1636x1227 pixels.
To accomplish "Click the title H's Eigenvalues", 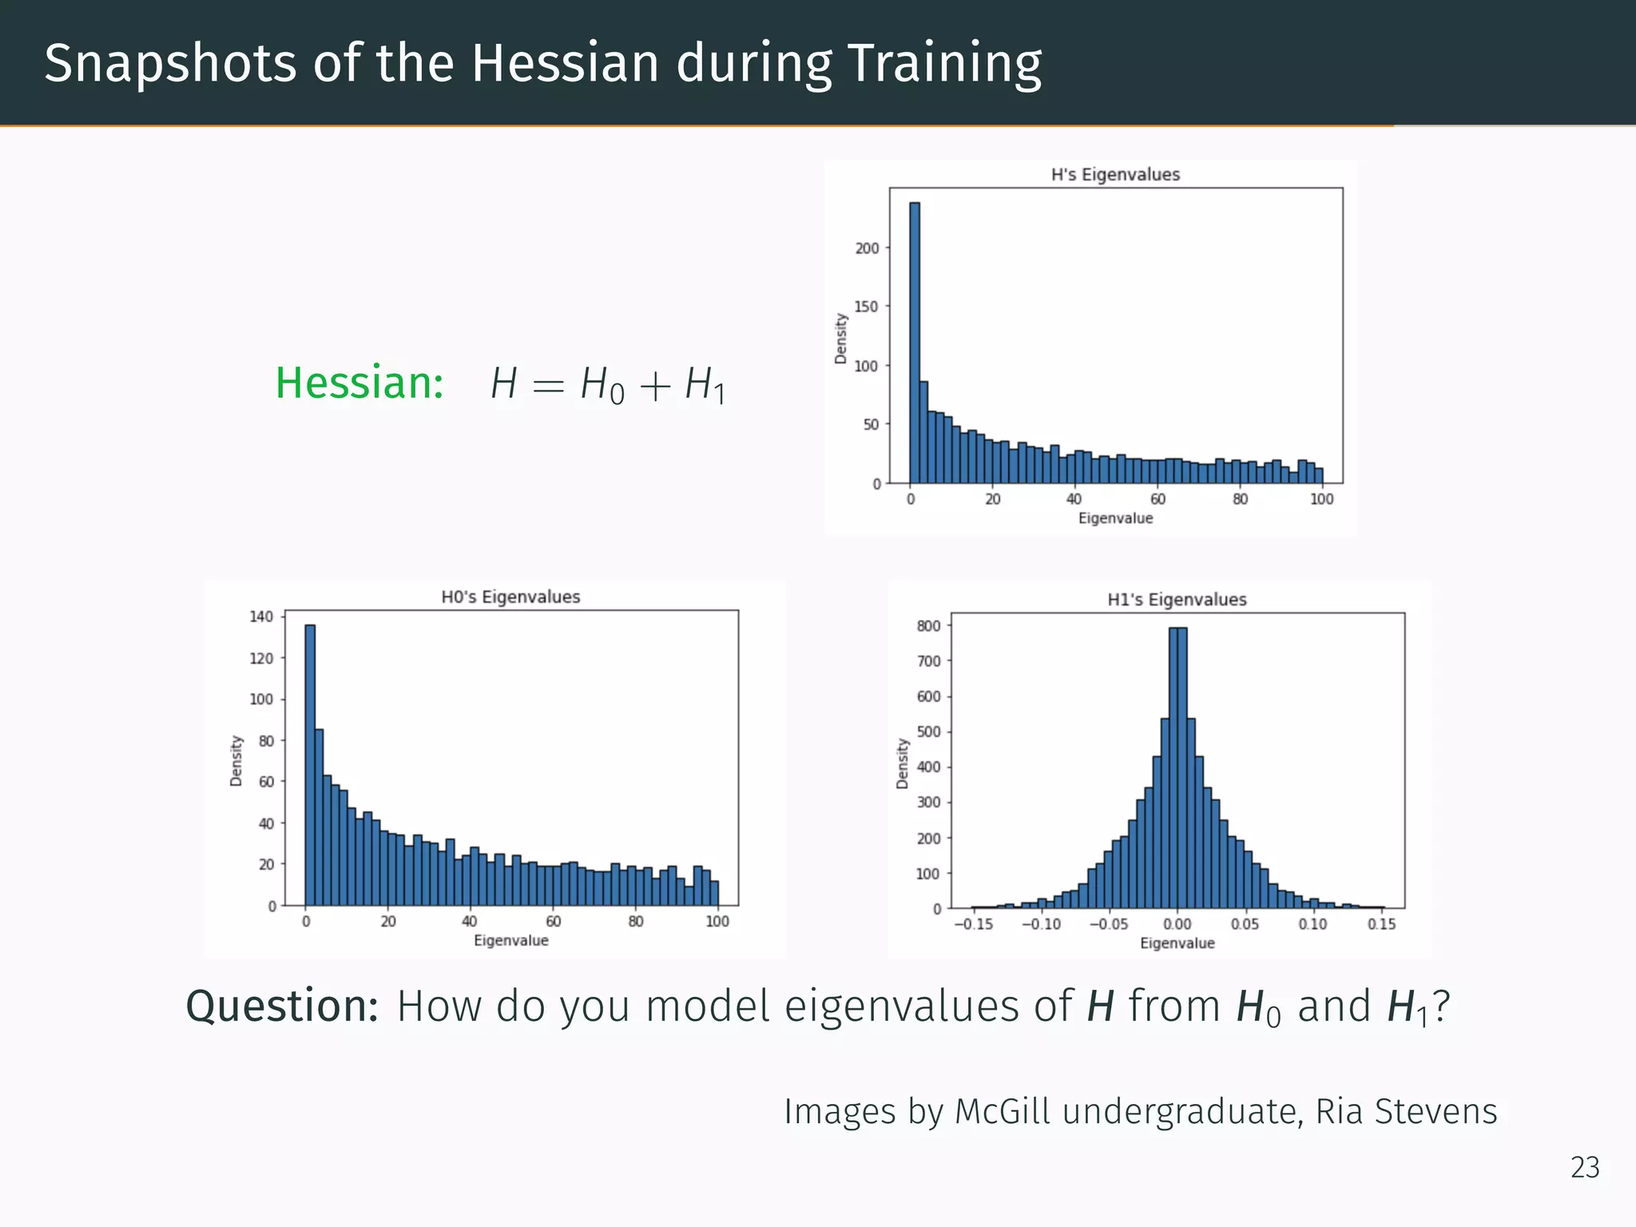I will point(1115,174).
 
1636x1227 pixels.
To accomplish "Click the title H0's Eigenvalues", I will point(510,597).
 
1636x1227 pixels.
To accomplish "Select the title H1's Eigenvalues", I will point(1177,599).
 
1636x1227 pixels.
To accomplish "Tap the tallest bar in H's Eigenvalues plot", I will point(915,343).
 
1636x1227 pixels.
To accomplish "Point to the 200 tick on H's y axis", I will point(867,248).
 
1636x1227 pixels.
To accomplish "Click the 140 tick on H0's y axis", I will point(261,616).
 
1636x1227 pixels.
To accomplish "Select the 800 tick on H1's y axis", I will point(928,625).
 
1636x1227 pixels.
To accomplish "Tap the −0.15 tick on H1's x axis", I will point(973,924).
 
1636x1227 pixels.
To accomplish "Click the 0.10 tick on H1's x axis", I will point(1312,924).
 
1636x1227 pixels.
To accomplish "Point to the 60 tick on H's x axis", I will point(1158,499).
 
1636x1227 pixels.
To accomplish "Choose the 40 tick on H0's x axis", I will point(470,921).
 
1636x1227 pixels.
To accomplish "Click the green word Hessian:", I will point(359,383).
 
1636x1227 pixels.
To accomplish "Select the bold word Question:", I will point(282,1006).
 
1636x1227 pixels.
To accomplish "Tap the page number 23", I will point(1585,1167).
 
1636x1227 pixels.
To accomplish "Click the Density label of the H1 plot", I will point(903,764).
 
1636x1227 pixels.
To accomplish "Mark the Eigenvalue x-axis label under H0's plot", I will point(511,940).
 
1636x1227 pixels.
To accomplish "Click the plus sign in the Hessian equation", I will point(655,386).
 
